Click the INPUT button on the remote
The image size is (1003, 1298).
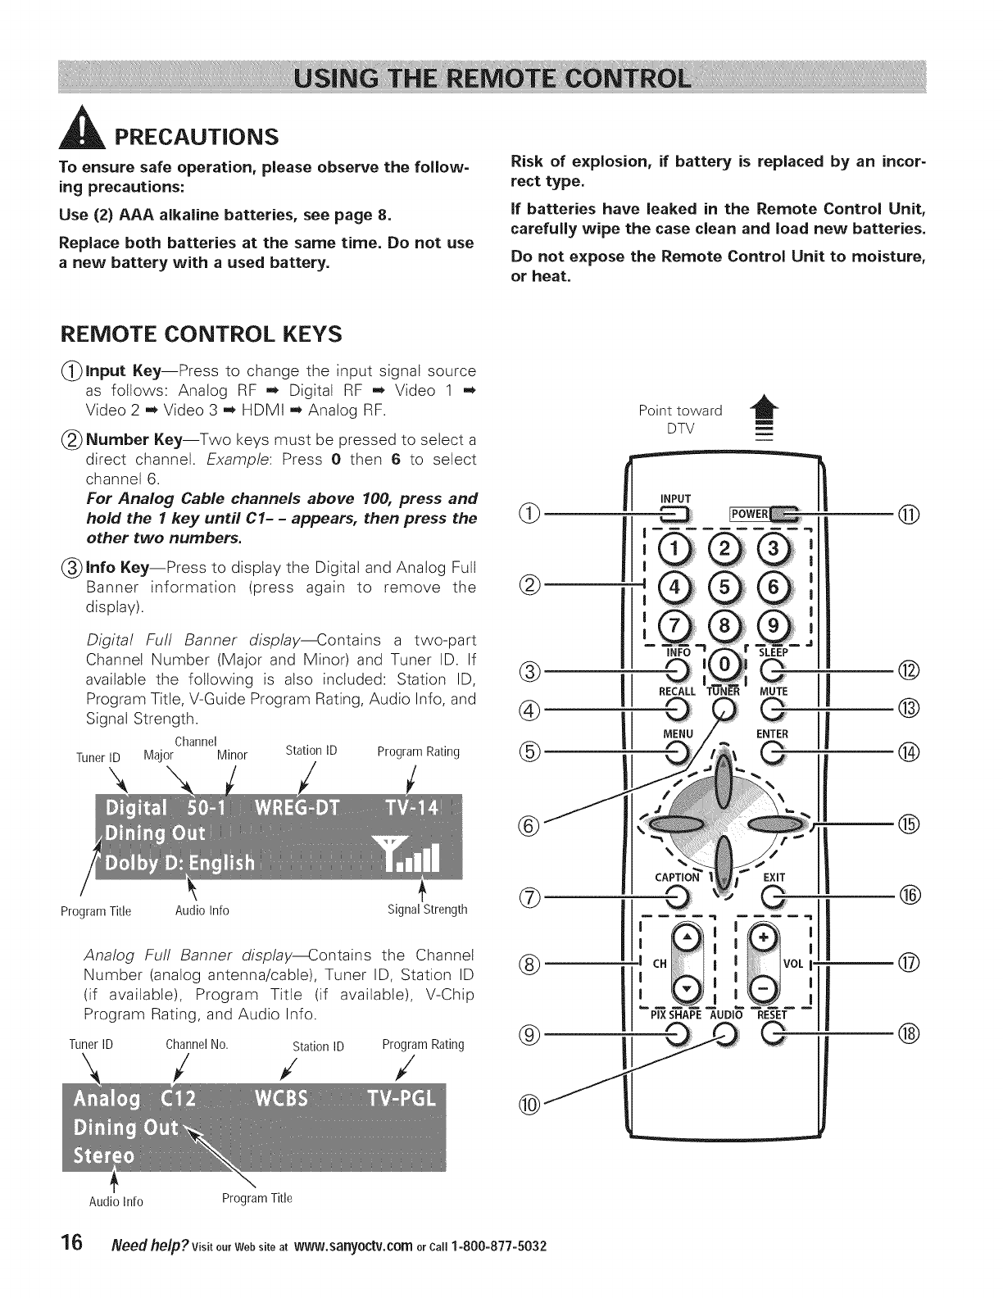(x=675, y=515)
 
